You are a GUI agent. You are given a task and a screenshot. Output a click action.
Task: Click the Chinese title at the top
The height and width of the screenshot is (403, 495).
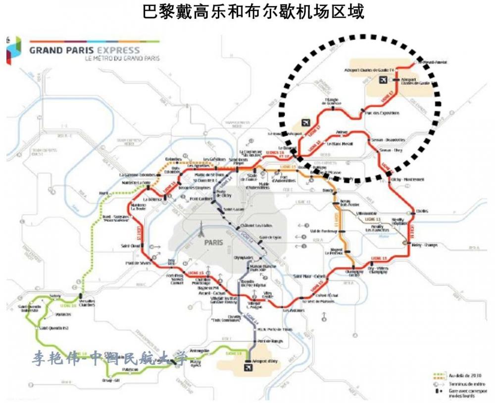pyautogui.click(x=253, y=11)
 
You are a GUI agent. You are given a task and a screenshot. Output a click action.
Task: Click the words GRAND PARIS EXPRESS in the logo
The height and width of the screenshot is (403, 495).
pyautogui.click(x=84, y=50)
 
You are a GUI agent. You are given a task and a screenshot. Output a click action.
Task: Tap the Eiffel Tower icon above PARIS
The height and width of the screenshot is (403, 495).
pyautogui.click(x=201, y=230)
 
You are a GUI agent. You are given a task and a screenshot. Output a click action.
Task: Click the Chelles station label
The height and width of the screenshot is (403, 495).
pyautogui.click(x=422, y=211)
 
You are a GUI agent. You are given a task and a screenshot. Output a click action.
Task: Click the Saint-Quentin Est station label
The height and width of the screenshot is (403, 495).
pyautogui.click(x=54, y=327)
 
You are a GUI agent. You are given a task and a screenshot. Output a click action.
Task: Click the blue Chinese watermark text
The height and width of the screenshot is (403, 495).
pyautogui.click(x=111, y=358)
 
